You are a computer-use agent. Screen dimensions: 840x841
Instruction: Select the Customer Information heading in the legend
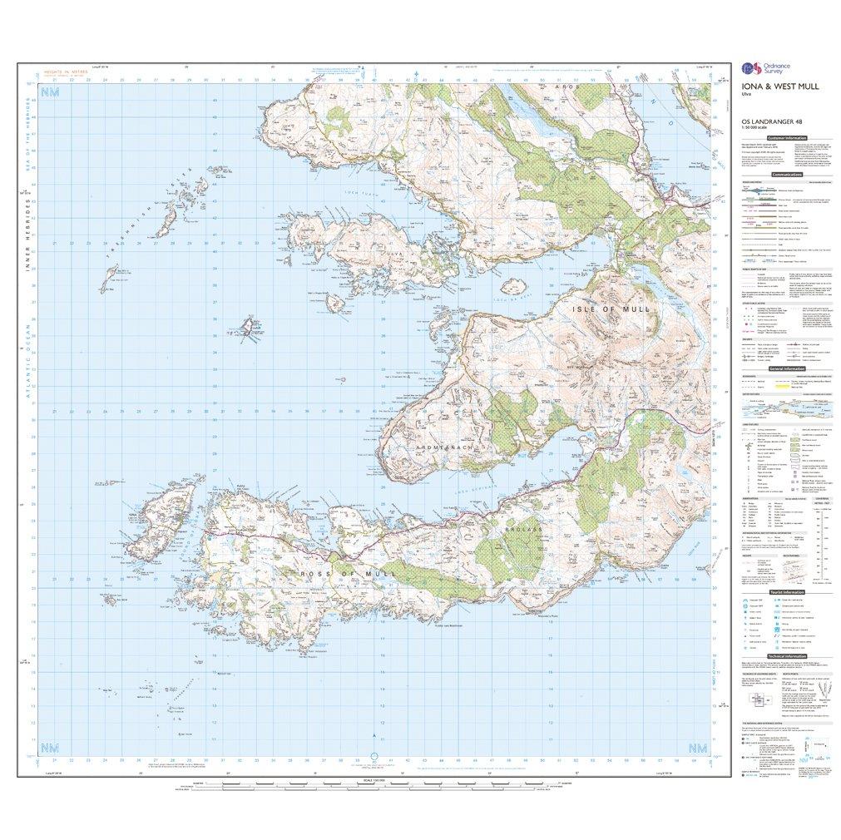coord(787,137)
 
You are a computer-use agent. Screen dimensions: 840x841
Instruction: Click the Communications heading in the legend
coord(786,175)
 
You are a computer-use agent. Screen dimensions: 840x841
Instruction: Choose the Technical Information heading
coord(786,655)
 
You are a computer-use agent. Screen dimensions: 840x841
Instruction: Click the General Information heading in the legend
coord(786,369)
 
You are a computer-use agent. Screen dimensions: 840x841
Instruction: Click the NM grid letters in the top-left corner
coord(52,93)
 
